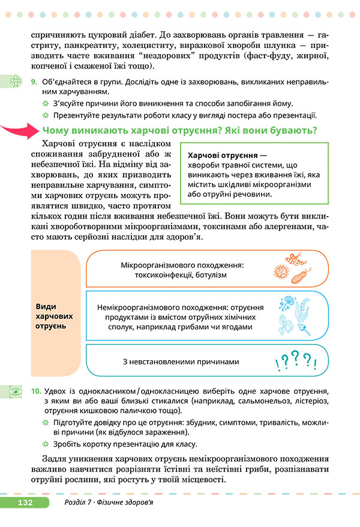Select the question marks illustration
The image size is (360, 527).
click(294, 361)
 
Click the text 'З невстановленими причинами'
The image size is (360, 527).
click(181, 361)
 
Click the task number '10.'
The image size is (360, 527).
click(36, 391)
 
